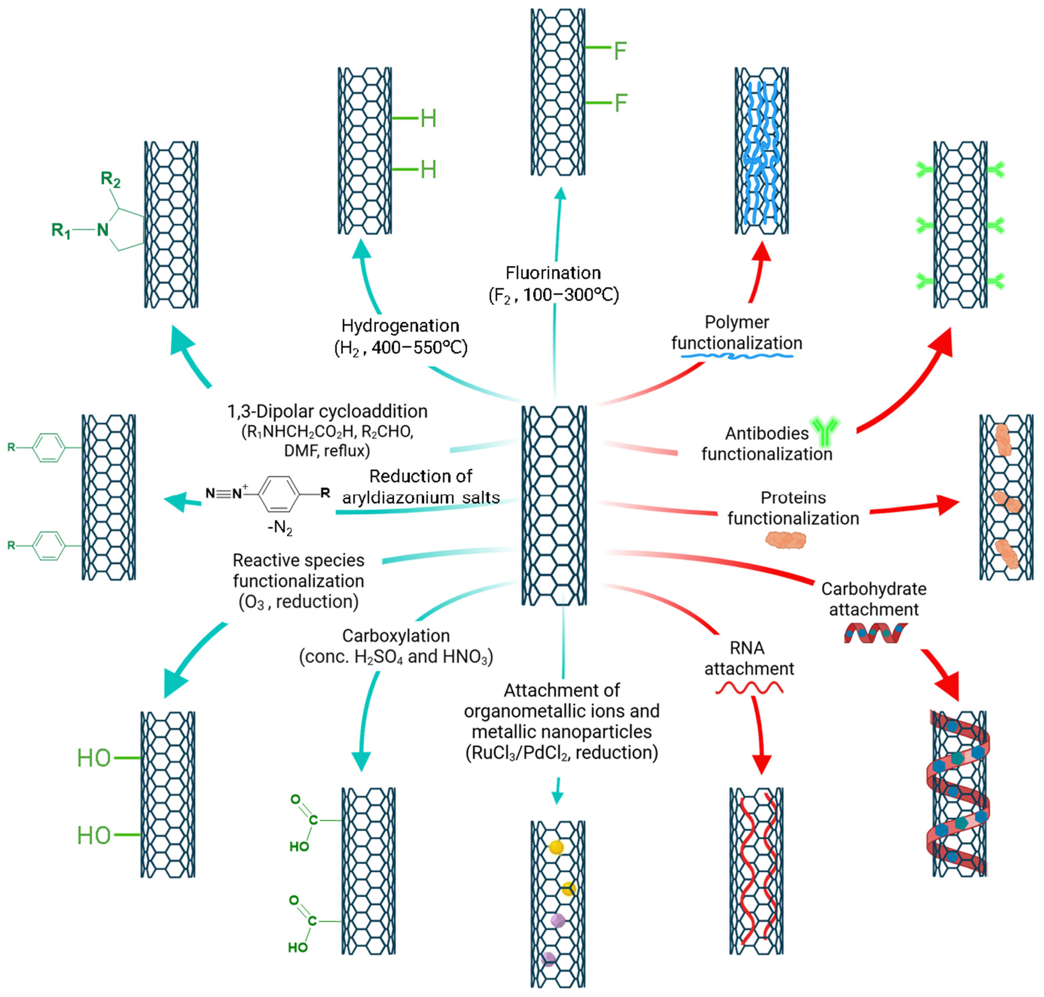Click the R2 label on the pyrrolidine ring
(111, 180)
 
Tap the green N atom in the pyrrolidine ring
(103, 230)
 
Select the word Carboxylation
(396, 636)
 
